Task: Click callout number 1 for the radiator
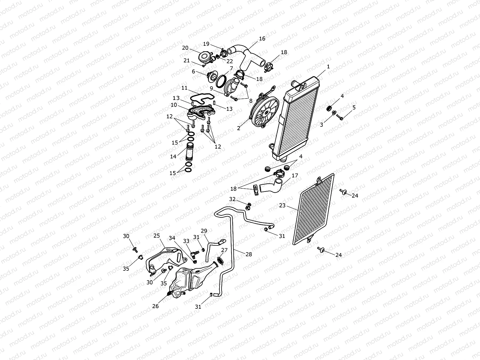tap(328, 67)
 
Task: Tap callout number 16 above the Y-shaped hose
tap(262, 39)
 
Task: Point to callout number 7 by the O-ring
tap(231, 68)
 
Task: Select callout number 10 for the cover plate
tap(174, 105)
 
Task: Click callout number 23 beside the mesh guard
tap(282, 205)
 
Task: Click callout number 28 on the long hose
tap(248, 254)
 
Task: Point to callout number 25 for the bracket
tap(156, 236)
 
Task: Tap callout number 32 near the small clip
tap(232, 199)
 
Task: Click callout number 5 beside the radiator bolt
tap(354, 107)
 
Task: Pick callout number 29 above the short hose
tap(204, 231)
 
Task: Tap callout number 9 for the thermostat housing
tap(211, 88)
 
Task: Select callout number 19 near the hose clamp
tap(206, 44)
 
